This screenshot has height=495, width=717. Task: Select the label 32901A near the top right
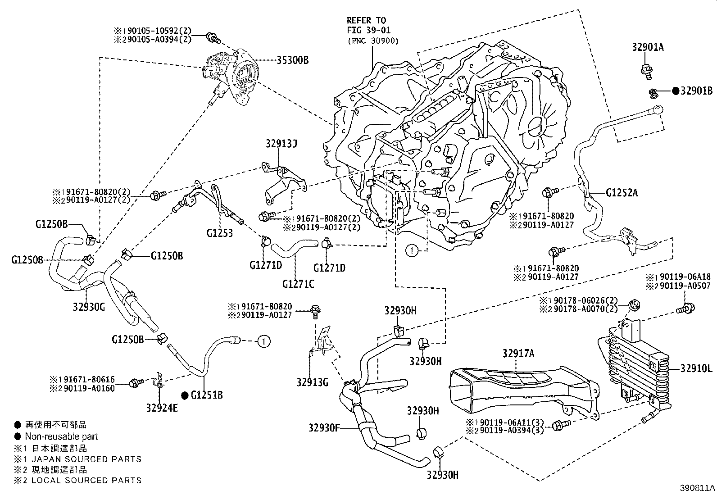coord(648,48)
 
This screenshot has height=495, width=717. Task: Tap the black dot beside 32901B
coord(675,91)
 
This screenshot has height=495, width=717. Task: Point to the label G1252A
coord(621,193)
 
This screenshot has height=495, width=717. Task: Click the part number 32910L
coord(696,369)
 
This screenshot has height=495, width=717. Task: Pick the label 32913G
coord(312,382)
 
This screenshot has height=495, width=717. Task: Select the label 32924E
coord(162,408)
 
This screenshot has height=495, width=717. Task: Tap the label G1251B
coord(207,395)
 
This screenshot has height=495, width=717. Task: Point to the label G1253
coord(220,233)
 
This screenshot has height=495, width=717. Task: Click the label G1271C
coord(298,284)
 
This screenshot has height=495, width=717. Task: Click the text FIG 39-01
coord(368,30)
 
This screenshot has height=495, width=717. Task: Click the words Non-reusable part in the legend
coord(61,436)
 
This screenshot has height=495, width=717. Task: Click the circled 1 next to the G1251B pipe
coord(263,342)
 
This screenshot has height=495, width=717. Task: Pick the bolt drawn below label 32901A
coord(645,70)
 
